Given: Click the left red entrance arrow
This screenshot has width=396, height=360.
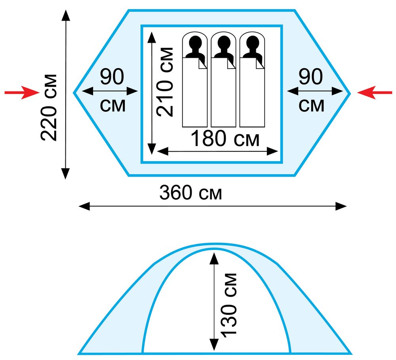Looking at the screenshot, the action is click(22, 92).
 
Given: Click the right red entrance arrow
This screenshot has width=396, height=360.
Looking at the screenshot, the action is click(375, 93).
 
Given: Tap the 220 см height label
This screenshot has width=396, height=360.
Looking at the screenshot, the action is click(48, 107).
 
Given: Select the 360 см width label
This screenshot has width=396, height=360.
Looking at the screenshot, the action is click(191, 192).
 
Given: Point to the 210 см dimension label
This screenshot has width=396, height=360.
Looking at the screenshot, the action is click(165, 82).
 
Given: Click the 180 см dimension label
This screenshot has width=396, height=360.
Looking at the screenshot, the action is click(225, 139).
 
